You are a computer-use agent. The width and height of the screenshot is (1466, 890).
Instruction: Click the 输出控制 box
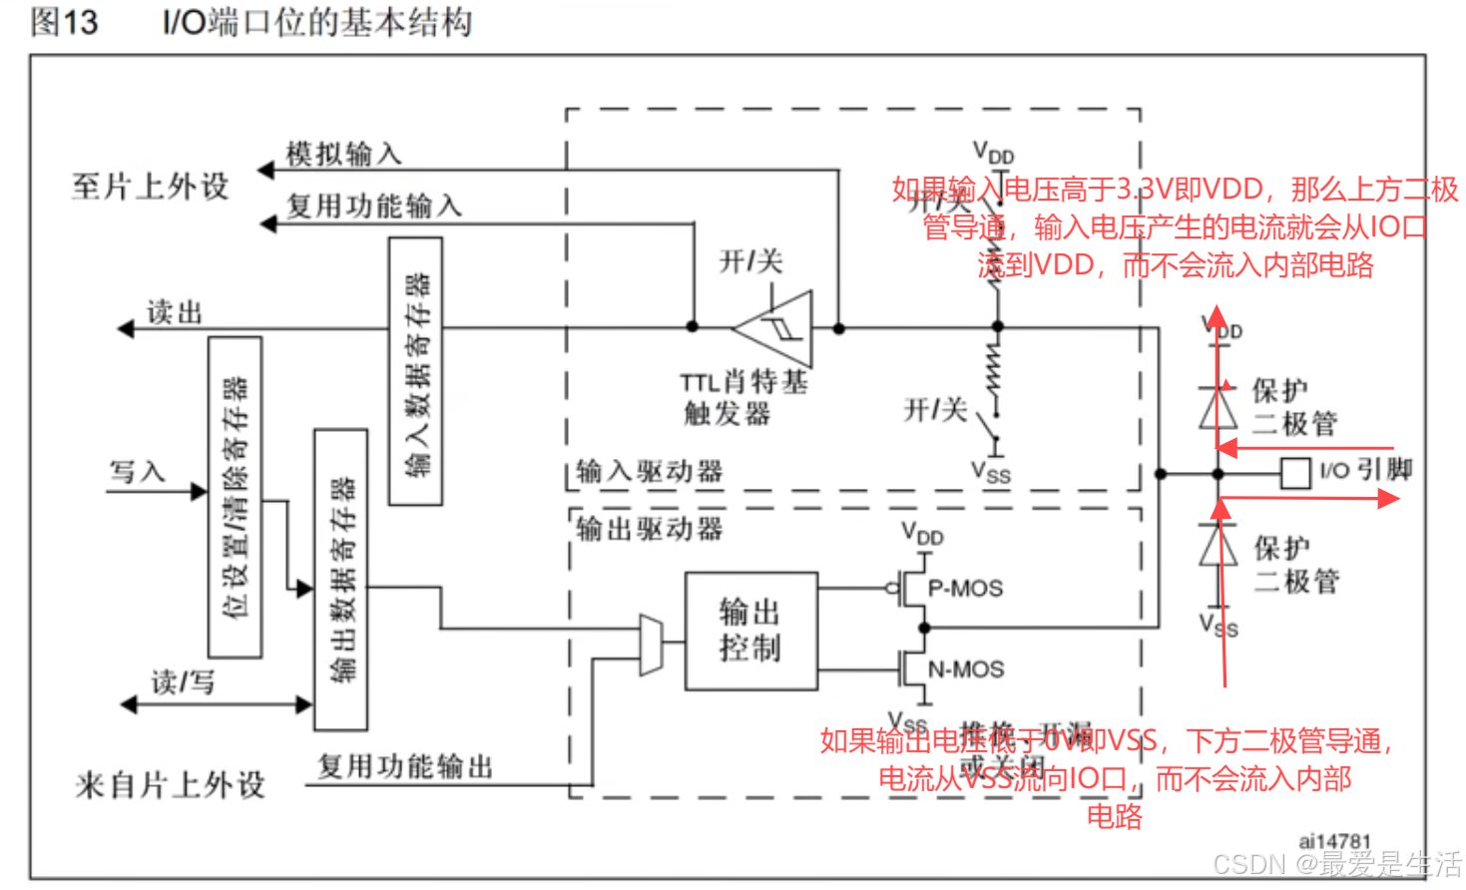click(750, 631)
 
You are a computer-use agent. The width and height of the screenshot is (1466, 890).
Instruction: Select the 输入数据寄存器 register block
click(415, 371)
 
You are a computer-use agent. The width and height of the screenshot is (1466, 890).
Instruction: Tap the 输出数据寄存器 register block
click(340, 580)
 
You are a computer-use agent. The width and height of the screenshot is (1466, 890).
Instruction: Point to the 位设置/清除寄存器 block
click(236, 497)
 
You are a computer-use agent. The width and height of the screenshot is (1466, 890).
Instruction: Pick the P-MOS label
click(965, 589)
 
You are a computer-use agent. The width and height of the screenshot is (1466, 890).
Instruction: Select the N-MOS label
click(966, 669)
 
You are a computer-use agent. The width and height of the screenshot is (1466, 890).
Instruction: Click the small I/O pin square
click(1294, 473)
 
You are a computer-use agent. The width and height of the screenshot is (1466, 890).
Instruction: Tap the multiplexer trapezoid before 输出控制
click(651, 645)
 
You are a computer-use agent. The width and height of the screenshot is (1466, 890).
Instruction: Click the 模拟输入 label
click(343, 154)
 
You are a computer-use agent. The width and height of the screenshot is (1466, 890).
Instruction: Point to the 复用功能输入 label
click(374, 206)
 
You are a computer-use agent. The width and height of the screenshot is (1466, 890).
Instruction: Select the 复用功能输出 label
click(405, 766)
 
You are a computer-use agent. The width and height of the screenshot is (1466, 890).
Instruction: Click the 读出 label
click(175, 313)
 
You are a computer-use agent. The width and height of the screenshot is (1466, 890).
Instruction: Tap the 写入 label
click(137, 471)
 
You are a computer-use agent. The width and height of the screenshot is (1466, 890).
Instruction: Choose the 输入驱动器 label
click(650, 471)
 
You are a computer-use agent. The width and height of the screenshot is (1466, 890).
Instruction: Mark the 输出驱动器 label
click(650, 529)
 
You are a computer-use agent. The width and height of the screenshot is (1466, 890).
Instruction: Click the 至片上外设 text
click(150, 187)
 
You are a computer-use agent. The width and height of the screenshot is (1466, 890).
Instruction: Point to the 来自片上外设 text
click(170, 785)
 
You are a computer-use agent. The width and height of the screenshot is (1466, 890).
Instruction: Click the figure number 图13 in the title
click(65, 22)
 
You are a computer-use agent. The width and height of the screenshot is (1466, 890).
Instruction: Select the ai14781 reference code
click(1334, 841)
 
